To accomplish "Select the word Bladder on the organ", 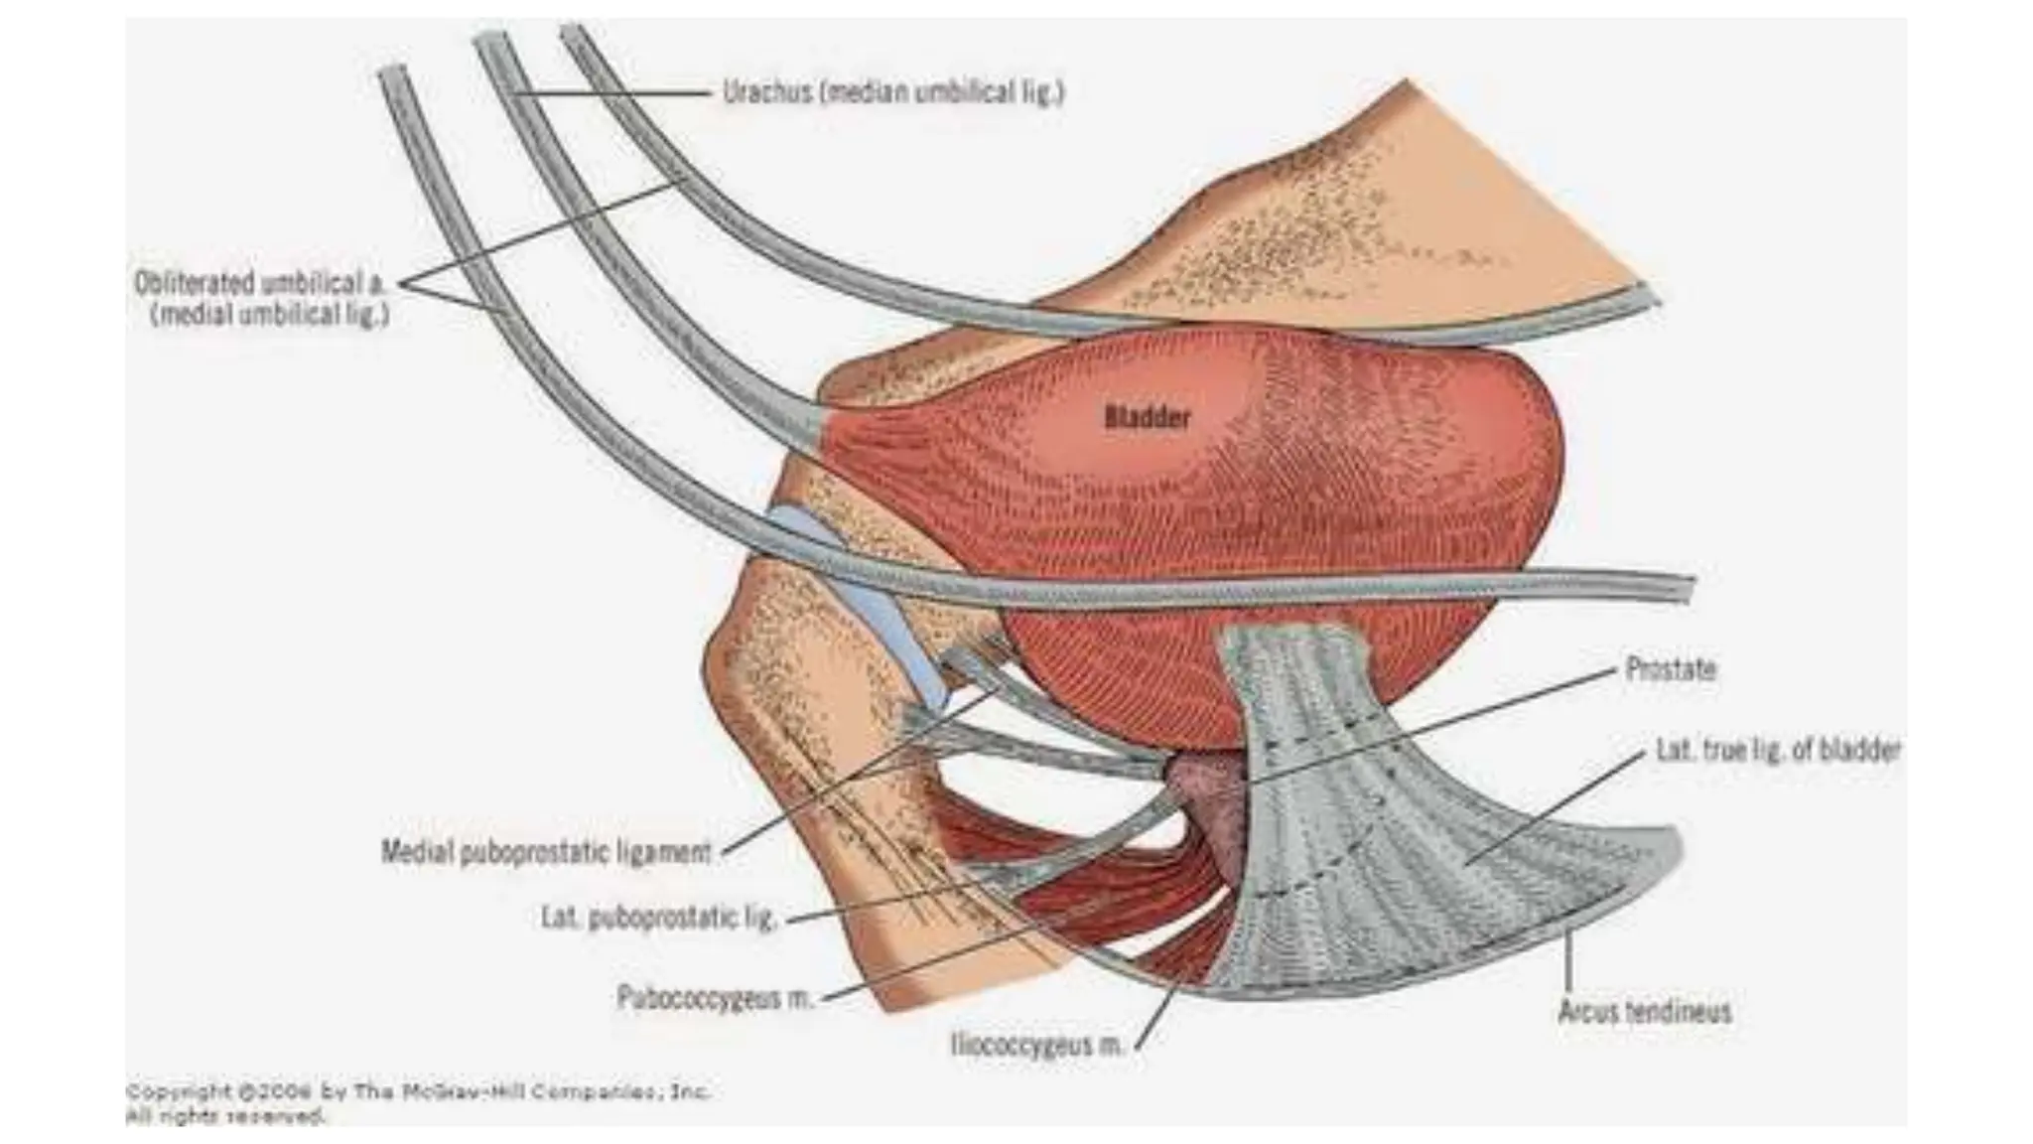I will point(1147,417).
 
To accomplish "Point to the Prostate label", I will point(1671,668).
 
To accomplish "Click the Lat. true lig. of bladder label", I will point(1778,750).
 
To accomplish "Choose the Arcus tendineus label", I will point(1645,1012).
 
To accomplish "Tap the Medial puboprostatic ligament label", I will point(547,852).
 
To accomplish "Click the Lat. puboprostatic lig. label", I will point(658,918).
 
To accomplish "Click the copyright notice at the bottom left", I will point(417,1103).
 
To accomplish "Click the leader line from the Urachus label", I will point(615,93).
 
